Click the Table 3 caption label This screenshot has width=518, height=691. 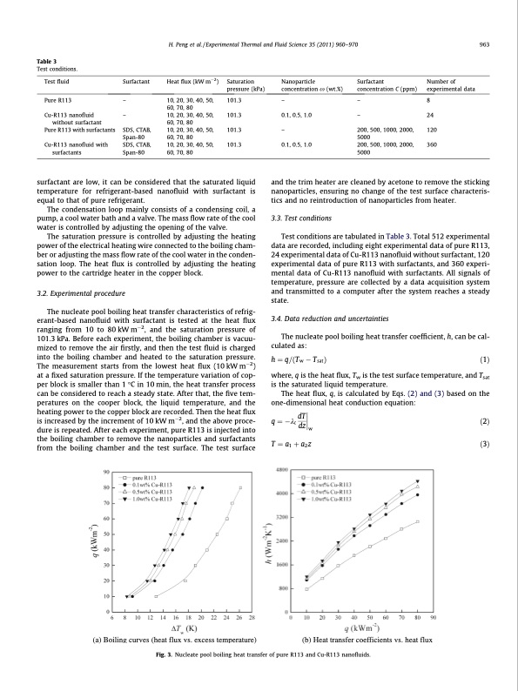click(x=47, y=60)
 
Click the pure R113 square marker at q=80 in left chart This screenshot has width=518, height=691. click(x=240, y=488)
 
